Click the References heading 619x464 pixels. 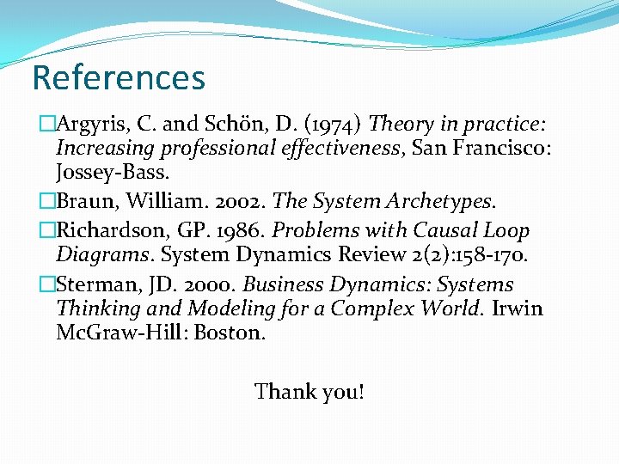pyautogui.click(x=119, y=77)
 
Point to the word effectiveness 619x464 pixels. pyautogui.click(x=343, y=149)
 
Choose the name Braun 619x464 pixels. pyautogui.click(x=83, y=202)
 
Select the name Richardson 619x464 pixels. pyautogui.click(x=108, y=231)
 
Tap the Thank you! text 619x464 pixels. pyautogui.click(x=309, y=393)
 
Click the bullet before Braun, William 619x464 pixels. pyautogui.click(x=48, y=202)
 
